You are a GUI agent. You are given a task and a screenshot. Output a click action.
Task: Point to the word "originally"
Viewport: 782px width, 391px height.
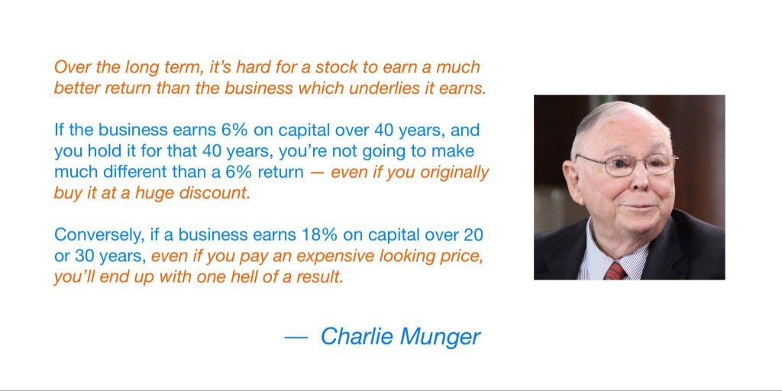[448, 172]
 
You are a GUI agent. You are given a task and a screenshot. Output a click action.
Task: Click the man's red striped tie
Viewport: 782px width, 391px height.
[614, 270]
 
